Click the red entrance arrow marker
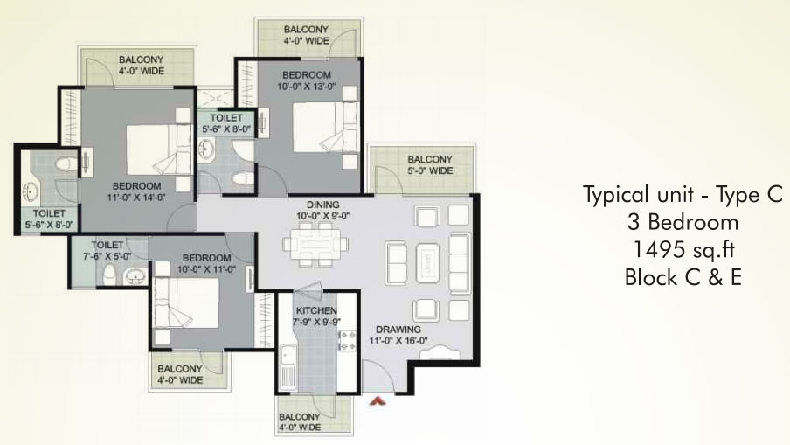(x=378, y=400)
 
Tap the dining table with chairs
(x=315, y=245)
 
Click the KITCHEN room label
(x=316, y=310)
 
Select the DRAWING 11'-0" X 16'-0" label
(x=398, y=335)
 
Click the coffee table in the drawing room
(x=427, y=263)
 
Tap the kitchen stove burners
(x=347, y=340)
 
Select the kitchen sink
(x=288, y=356)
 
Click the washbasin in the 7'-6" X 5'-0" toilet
(x=135, y=277)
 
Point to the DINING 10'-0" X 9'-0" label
(x=323, y=211)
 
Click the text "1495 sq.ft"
(x=683, y=250)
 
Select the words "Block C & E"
(x=683, y=277)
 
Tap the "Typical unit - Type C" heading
(x=683, y=195)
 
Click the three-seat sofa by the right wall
(x=459, y=263)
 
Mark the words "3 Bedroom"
(x=683, y=222)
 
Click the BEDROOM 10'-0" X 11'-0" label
(x=206, y=263)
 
